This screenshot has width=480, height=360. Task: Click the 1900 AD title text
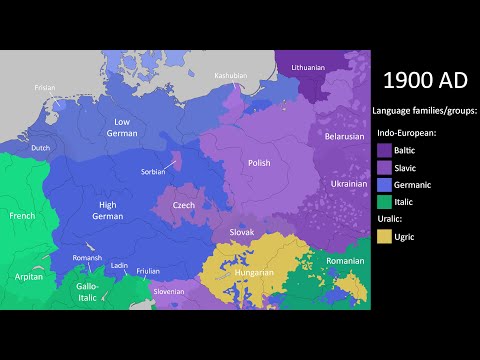422,80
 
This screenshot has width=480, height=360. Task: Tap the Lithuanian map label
308,67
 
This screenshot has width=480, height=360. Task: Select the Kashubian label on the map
230,76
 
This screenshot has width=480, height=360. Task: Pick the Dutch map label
40,148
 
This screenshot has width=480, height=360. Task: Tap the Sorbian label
153,171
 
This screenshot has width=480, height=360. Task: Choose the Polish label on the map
259,162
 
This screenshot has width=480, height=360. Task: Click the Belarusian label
342,137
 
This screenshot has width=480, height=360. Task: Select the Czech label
184,205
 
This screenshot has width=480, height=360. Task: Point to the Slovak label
242,232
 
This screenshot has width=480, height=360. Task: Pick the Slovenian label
168,292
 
